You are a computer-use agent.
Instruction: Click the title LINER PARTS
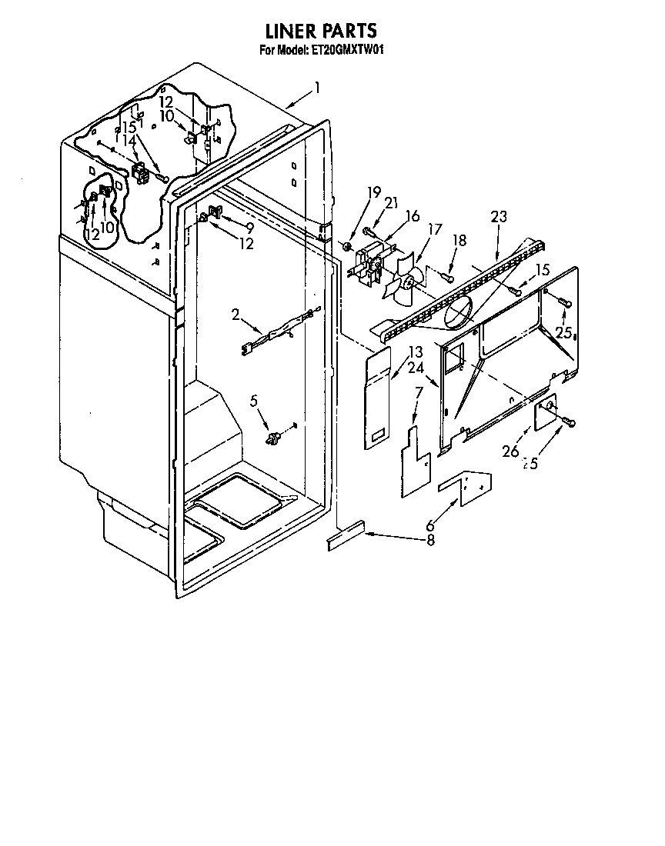tap(321, 31)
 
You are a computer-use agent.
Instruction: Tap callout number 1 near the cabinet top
tap(317, 88)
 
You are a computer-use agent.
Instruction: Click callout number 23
tap(498, 217)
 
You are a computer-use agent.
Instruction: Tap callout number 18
tap(460, 241)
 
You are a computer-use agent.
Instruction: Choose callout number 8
tap(429, 540)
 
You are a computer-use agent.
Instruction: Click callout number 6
tap(430, 525)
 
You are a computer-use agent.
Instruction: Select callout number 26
tap(510, 451)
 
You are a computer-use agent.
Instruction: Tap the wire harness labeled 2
tap(281, 328)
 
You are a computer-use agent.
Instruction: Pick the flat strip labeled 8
tap(346, 536)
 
